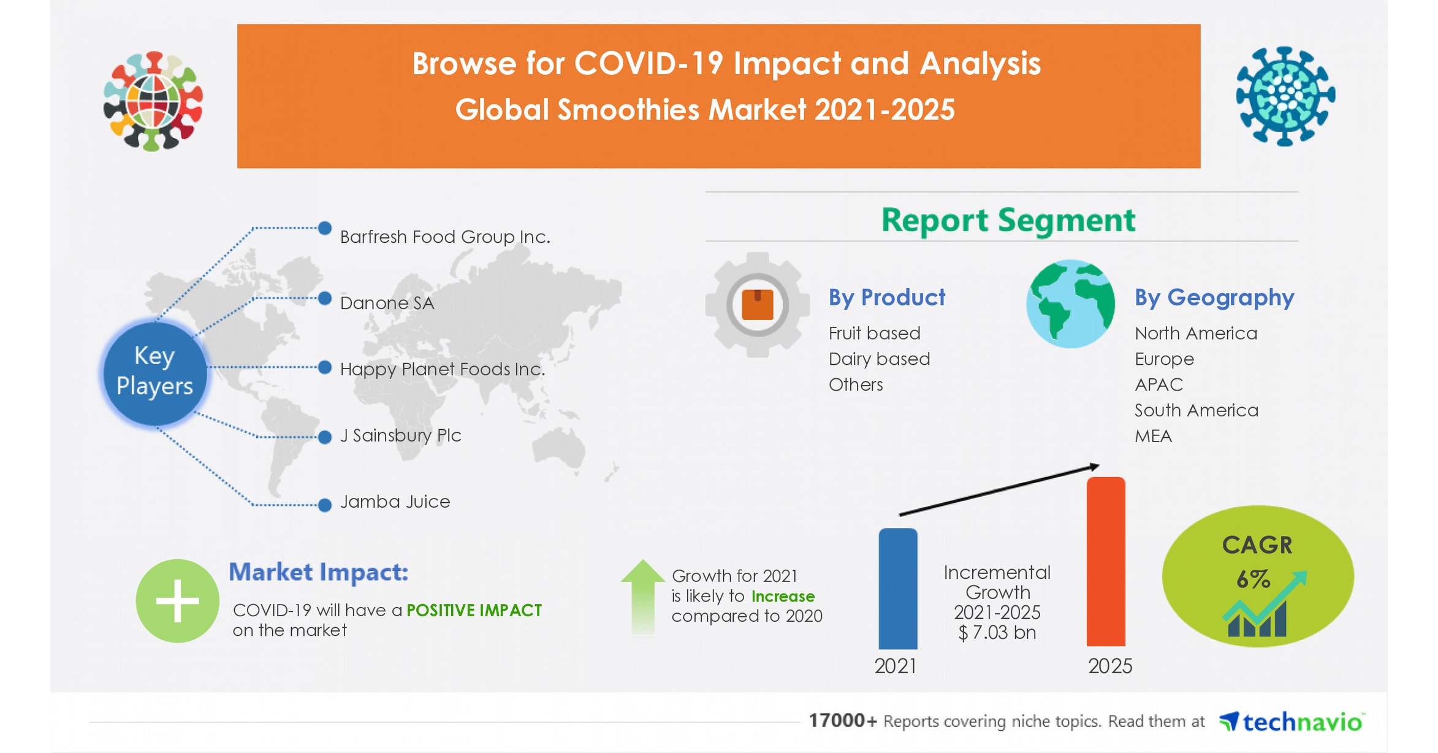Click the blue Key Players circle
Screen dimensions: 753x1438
pyautogui.click(x=154, y=372)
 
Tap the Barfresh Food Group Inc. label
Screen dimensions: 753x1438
pyautogui.click(x=445, y=237)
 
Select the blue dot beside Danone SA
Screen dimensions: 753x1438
pyautogui.click(x=325, y=299)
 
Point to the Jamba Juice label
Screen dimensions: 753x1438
pyautogui.click(x=395, y=502)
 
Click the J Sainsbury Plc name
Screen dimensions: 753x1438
pyautogui.click(x=400, y=435)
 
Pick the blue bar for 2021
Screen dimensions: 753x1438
pyautogui.click(x=897, y=589)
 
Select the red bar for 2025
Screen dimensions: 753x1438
pyautogui.click(x=1106, y=561)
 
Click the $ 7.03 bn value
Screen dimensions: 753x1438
pyautogui.click(x=997, y=633)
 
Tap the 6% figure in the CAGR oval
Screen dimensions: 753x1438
pyautogui.click(x=1253, y=579)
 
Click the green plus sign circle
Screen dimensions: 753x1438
pyautogui.click(x=177, y=601)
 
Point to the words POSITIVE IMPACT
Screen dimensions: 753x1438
pyautogui.click(x=474, y=610)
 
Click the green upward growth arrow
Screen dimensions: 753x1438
pyautogui.click(x=642, y=597)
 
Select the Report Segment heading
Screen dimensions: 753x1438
pyautogui.click(x=1008, y=220)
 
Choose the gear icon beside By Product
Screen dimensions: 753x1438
pyautogui.click(x=758, y=305)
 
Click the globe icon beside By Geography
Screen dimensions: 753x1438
pyautogui.click(x=1070, y=304)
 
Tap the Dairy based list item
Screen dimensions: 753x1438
pyautogui.click(x=879, y=359)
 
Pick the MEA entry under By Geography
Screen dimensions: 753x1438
pyautogui.click(x=1153, y=436)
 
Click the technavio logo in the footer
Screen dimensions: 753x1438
pyautogui.click(x=1291, y=722)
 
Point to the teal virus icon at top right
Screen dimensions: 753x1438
pyautogui.click(x=1285, y=96)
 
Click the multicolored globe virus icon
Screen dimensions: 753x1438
pyautogui.click(x=153, y=101)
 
